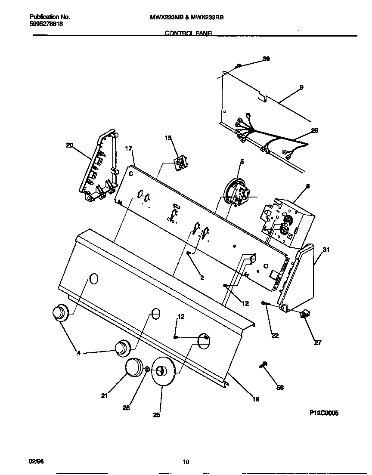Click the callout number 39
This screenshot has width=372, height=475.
click(x=266, y=59)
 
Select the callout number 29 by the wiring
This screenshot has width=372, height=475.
click(x=314, y=131)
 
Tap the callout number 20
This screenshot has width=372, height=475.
click(x=69, y=145)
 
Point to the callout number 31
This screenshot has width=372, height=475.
click(x=326, y=250)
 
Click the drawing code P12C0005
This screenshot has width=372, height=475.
click(x=324, y=413)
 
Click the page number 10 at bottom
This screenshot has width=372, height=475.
click(x=186, y=463)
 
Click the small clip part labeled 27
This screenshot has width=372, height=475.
click(x=306, y=315)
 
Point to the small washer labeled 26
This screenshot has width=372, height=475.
click(x=147, y=369)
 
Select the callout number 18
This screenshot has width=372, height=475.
click(x=255, y=399)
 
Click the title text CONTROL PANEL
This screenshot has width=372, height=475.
click(x=189, y=33)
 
